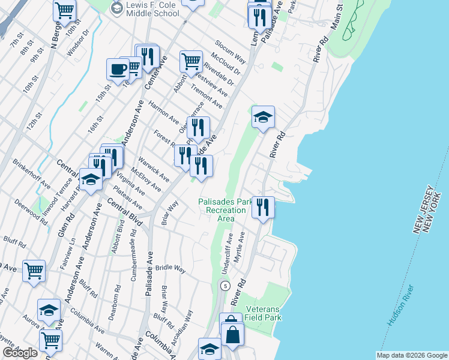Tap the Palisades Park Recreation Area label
click(x=226, y=210)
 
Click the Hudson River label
click(x=401, y=307)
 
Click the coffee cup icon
click(x=118, y=68)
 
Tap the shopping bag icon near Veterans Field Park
click(x=233, y=335)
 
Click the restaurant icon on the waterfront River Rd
click(x=263, y=207)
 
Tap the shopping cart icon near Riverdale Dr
click(x=191, y=61)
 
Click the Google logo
click(x=20, y=353)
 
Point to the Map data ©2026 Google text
click(x=411, y=355)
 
